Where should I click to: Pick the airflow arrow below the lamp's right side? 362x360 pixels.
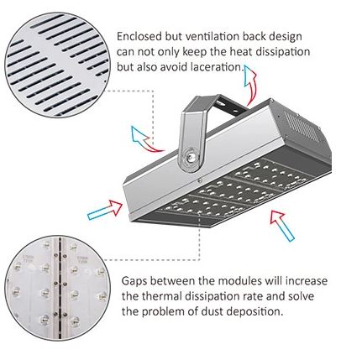tap(281, 226)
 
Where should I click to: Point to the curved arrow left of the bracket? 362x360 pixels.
tap(144, 140)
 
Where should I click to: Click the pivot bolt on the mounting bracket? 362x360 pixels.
tap(191, 158)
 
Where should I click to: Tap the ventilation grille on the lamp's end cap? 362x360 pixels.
tap(300, 126)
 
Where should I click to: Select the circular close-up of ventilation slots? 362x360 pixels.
tap(57, 65)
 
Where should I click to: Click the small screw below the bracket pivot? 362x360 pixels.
tap(200, 180)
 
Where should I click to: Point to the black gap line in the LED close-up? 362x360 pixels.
tap(60, 288)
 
